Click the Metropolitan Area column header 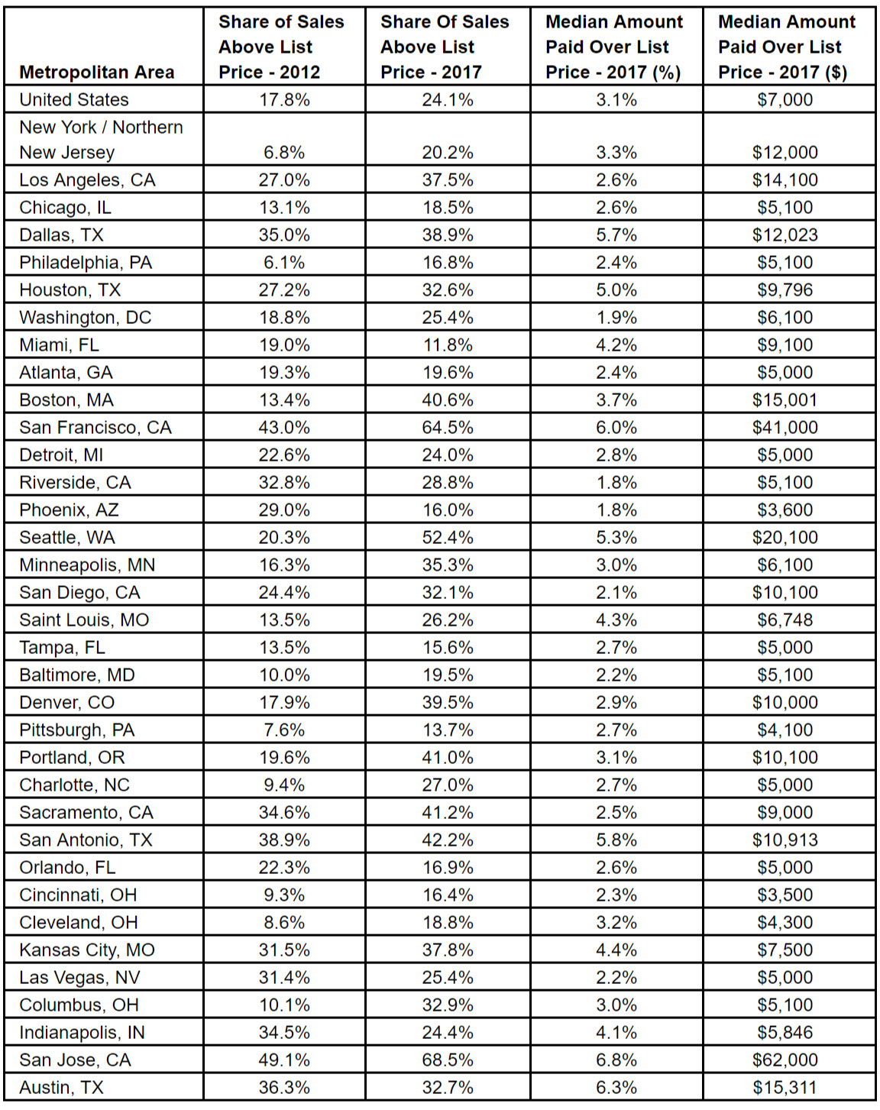tap(97, 73)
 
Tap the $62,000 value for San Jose tap(785, 1060)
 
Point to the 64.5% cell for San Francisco tap(448, 428)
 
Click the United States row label tap(74, 100)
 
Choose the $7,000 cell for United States tap(785, 100)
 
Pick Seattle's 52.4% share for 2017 tap(448, 538)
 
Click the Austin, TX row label tap(61, 1088)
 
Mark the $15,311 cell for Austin tap(785, 1088)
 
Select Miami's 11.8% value tap(448, 345)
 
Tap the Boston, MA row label tap(66, 400)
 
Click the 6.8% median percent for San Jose tap(616, 1060)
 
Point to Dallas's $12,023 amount tap(785, 235)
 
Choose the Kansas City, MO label tap(87, 950)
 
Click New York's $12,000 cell tap(785, 153)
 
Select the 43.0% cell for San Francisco tap(284, 428)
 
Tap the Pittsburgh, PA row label tap(77, 730)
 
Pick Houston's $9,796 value tap(785, 290)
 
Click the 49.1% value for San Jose tap(284, 1060)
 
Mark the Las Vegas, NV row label tap(80, 978)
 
